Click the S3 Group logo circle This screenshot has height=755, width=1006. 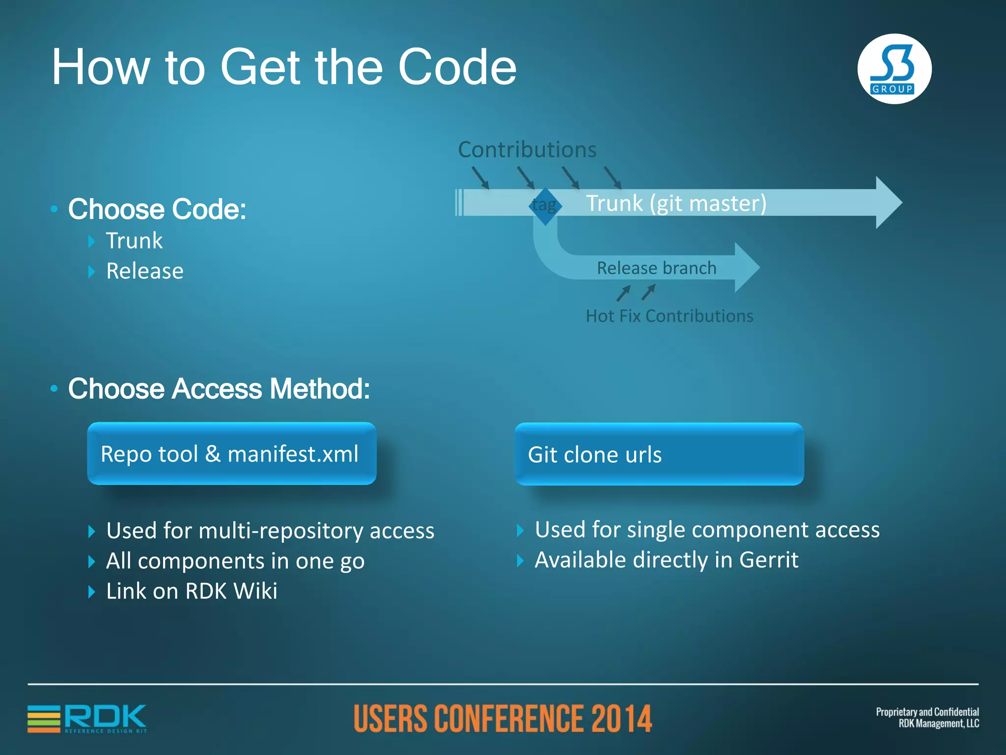click(894, 69)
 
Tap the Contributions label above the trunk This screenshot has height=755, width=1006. click(527, 149)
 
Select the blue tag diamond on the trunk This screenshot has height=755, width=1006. click(545, 205)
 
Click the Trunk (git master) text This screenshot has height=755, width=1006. click(676, 203)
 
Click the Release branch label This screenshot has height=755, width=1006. click(656, 268)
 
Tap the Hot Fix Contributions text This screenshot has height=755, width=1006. click(669, 316)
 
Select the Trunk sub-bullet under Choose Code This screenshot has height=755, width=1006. click(134, 241)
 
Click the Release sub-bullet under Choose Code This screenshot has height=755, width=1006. click(144, 271)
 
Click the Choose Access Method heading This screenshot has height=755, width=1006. click(219, 389)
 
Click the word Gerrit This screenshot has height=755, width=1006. click(769, 560)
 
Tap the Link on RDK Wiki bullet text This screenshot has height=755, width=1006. click(192, 591)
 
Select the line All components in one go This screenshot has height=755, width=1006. click(235, 561)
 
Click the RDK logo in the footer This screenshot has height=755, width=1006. click(87, 719)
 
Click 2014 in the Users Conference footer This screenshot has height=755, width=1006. click(621, 719)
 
